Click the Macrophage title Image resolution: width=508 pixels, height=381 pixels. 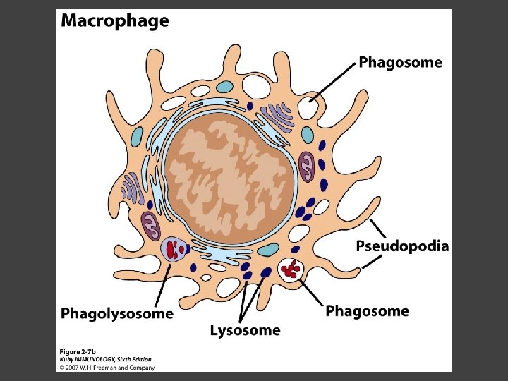pos(115,20)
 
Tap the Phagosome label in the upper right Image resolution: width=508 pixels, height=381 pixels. pos(400,62)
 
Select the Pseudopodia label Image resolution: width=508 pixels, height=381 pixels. pos(402,246)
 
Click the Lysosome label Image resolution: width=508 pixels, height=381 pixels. pos(245,329)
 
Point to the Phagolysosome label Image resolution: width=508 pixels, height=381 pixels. pos(117,313)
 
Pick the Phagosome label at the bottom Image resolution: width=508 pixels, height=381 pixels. pos(367,311)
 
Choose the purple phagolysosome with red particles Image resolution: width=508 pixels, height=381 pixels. pos(174,249)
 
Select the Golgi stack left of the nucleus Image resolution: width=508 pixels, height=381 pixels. pos(132,190)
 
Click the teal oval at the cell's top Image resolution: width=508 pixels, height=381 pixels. pos(224,87)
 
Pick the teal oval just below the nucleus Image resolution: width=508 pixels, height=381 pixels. pos(269,249)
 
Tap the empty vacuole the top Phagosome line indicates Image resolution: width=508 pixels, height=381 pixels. pos(308,107)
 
